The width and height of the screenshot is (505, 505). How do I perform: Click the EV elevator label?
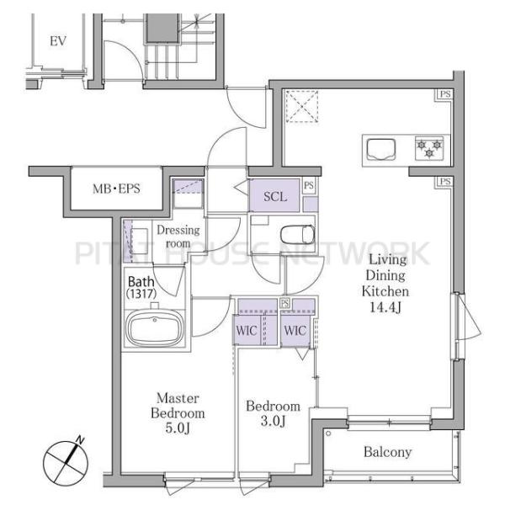click(58, 41)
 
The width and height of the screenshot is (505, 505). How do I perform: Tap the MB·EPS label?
click(116, 189)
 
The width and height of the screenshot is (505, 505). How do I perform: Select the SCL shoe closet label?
click(275, 196)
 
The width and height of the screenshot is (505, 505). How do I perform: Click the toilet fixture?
click(298, 235)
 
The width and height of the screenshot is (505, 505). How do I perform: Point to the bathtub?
click(155, 328)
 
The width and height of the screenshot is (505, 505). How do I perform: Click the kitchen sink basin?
click(381, 149)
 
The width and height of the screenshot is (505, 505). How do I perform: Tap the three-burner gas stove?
click(429, 148)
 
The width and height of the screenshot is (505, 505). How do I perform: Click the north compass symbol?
click(66, 462)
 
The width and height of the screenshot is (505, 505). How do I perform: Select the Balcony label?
click(387, 452)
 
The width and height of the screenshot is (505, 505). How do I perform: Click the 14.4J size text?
click(385, 307)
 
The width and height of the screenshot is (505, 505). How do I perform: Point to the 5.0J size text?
click(178, 428)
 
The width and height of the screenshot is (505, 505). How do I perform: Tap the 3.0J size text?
click(273, 421)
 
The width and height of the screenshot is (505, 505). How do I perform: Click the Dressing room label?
click(178, 237)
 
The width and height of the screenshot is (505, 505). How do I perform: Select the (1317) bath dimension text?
click(141, 294)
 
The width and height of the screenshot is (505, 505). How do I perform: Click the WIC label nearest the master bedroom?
click(247, 331)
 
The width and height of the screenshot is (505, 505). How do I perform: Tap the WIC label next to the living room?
click(295, 331)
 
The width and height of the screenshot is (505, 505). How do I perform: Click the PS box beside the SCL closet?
click(309, 186)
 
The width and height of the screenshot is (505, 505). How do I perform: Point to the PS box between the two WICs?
click(284, 303)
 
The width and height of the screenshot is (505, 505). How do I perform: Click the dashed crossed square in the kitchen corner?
click(302, 107)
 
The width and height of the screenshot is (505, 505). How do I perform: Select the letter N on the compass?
click(80, 440)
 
